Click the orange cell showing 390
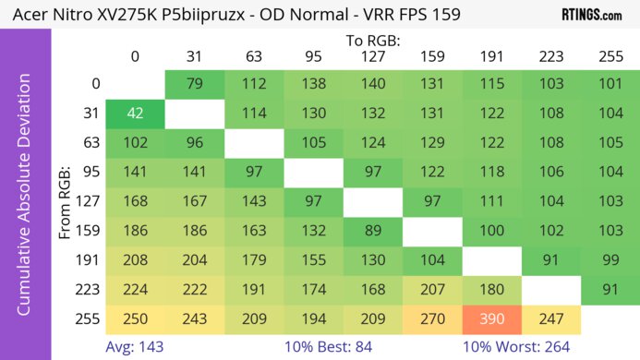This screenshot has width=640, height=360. (x=492, y=318)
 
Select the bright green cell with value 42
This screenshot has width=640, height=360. (x=135, y=114)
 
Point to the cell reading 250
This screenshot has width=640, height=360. (x=135, y=318)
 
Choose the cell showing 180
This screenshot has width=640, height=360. (x=492, y=289)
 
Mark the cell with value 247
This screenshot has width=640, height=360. (x=551, y=318)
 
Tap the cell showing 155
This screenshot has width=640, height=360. (x=314, y=259)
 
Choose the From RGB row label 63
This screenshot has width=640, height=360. (x=89, y=144)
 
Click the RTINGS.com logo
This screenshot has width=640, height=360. (x=592, y=15)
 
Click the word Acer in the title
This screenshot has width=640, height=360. (x=28, y=16)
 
